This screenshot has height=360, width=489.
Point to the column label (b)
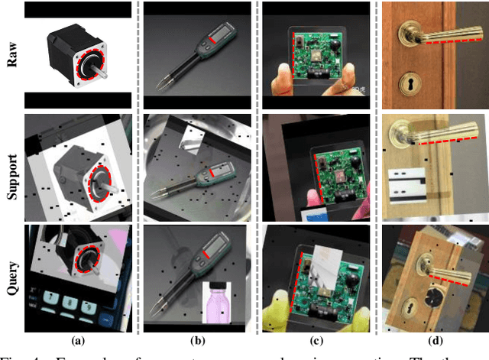point(197,342)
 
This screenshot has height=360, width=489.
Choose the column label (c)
point(316,342)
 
